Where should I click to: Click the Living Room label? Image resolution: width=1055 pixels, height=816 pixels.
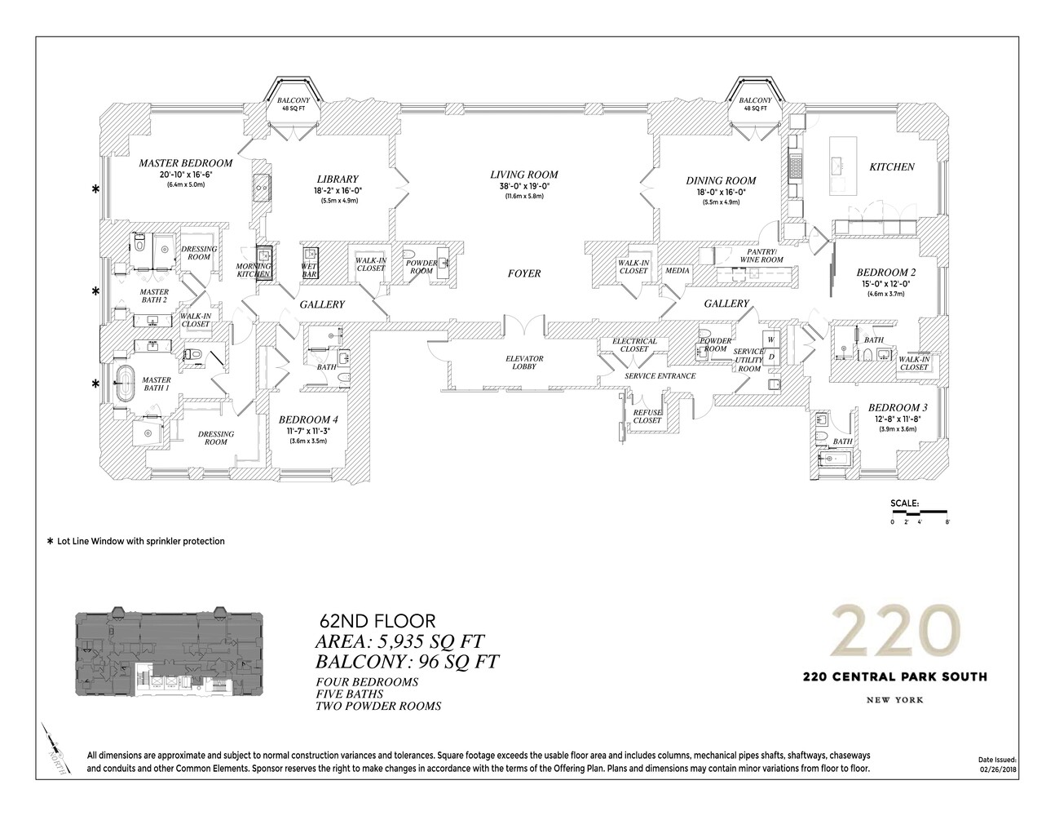pos(523,174)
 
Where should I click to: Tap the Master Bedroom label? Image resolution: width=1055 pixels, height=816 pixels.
pos(185,162)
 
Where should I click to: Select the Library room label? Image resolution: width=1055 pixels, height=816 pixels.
pos(337,179)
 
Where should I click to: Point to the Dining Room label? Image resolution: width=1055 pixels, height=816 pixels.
pos(721,180)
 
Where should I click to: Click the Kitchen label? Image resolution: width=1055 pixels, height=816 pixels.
pos(891,166)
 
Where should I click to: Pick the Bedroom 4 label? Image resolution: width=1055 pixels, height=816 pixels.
pos(307,419)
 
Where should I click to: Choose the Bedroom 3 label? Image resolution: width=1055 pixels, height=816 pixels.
pos(897,407)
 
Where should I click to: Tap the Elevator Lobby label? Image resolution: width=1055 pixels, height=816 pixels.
pos(523,363)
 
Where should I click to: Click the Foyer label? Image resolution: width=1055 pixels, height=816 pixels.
pos(523,273)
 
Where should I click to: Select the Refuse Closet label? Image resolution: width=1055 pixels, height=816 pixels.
pos(647,416)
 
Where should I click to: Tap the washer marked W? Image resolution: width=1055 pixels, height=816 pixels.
pos(769,338)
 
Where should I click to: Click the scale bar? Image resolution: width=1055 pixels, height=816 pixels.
pos(920,512)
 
